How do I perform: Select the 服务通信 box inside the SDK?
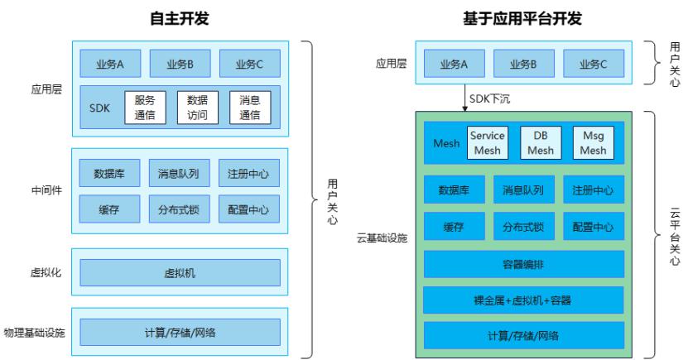point(145,108)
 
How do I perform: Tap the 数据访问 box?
point(197,108)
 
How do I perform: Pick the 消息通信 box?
point(249,108)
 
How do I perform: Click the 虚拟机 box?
point(180,272)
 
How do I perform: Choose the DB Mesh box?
point(540,142)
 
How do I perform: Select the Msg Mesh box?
point(594,142)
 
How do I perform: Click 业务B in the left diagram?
point(180,64)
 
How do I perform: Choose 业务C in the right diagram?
point(594,64)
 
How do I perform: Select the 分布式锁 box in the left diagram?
point(180,209)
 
